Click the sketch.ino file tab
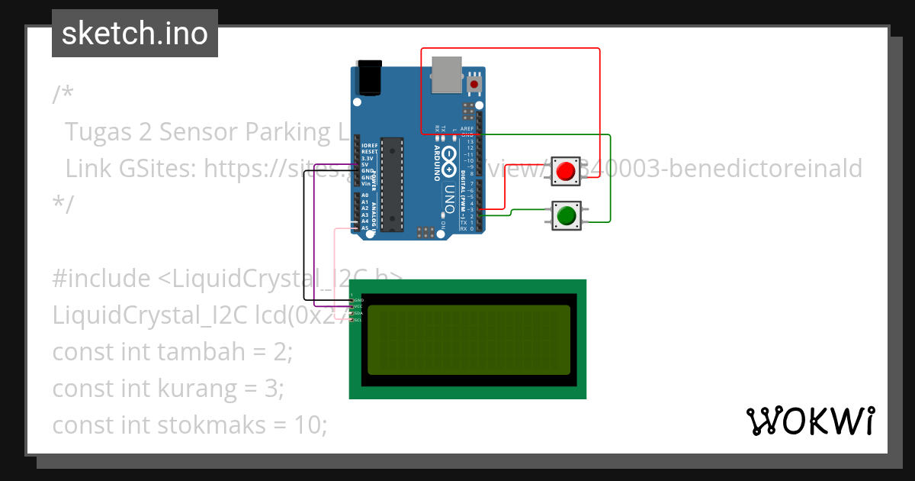click(135, 34)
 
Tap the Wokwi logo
click(810, 421)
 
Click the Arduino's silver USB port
click(446, 75)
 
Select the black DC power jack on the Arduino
click(370, 79)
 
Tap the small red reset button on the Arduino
click(475, 83)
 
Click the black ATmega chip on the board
click(391, 183)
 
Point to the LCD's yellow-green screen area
click(468, 340)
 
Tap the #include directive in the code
click(101, 279)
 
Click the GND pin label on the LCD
click(358, 301)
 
